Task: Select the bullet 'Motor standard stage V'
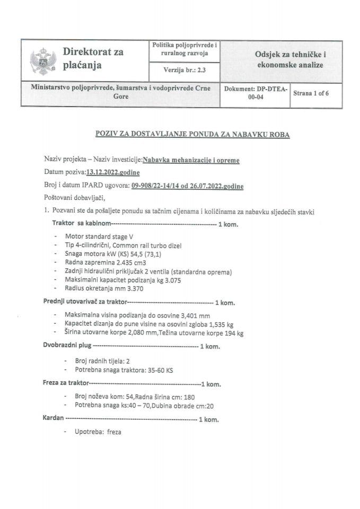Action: click(94, 237)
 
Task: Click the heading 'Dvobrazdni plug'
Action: click(67, 346)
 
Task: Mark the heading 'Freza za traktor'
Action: click(65, 383)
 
